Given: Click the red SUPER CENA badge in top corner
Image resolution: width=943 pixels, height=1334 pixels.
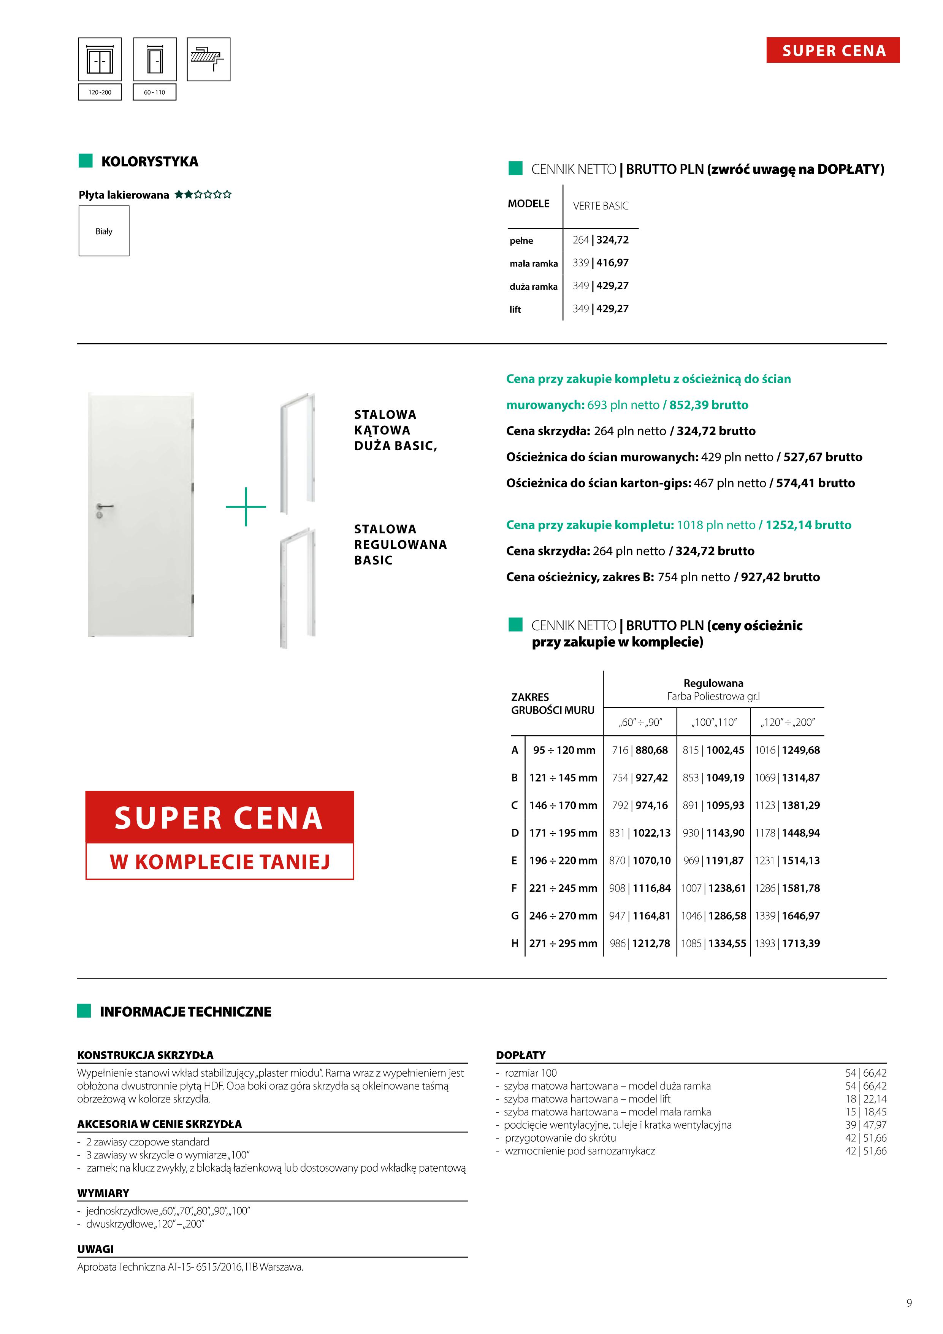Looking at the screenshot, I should pos(833,51).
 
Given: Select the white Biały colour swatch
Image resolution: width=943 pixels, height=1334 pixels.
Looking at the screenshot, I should pos(104,231).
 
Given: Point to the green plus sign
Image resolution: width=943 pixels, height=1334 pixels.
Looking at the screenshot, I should pos(246,507).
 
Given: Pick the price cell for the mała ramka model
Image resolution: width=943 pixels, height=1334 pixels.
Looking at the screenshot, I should pos(600,263).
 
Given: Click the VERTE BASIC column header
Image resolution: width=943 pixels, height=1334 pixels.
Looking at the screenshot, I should pos(600,206).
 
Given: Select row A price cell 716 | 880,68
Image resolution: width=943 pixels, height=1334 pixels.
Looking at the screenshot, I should pos(640,750).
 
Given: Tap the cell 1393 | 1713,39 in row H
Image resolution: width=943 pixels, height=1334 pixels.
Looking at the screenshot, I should pos(787,944).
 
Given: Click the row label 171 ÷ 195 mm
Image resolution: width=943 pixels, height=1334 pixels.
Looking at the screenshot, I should pos(563,833).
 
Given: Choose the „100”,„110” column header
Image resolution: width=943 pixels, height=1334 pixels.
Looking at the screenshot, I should pos(713,722).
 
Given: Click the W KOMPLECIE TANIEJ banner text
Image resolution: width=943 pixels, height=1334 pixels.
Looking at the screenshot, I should pos(220,861).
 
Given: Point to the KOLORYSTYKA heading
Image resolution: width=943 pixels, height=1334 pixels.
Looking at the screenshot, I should pos(149,162).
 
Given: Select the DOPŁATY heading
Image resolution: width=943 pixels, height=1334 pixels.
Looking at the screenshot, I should pos(521,1055).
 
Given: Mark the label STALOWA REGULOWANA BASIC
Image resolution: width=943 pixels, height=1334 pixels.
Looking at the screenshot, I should pos(400,544).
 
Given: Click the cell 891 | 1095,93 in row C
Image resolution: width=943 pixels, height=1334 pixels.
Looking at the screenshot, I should pos(713,805).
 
